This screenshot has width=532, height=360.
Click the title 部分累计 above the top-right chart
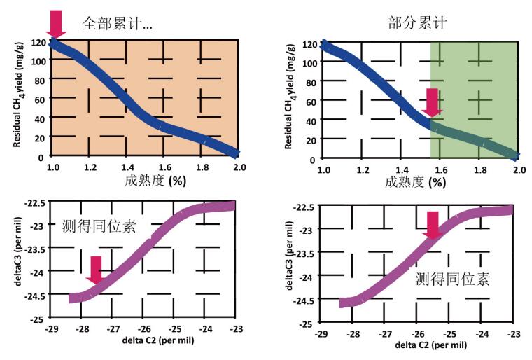tap(418, 22)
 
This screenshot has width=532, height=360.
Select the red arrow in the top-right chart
tap(433, 102)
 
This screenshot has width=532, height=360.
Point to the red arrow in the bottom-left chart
tap(97, 270)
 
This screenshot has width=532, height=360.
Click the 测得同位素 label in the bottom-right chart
tap(452, 279)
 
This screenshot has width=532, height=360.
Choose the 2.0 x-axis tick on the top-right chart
tap(519, 171)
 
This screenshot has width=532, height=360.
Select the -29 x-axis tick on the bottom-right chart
tap(321, 335)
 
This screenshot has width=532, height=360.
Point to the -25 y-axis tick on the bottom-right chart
tap(307, 324)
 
